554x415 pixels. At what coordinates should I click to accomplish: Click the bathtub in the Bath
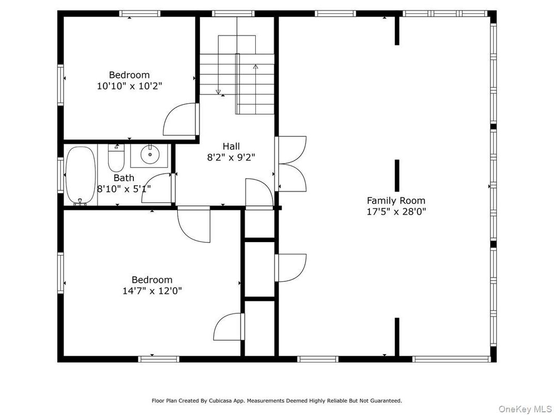click(x=81, y=175)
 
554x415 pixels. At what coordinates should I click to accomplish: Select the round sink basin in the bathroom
click(x=150, y=154)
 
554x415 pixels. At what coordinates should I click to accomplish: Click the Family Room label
click(x=396, y=200)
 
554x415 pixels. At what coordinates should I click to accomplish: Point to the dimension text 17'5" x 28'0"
click(x=396, y=211)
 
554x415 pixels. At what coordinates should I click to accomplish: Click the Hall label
click(x=231, y=146)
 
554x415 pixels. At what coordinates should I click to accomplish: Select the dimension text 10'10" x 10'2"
click(x=129, y=86)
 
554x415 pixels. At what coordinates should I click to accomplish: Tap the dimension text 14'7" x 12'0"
click(x=151, y=291)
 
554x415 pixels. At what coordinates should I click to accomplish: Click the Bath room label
click(x=124, y=178)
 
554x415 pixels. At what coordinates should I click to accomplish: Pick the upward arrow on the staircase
click(x=255, y=67)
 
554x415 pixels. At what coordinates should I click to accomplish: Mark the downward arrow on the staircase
click(x=218, y=91)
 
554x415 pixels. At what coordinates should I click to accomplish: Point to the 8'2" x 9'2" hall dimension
click(x=231, y=157)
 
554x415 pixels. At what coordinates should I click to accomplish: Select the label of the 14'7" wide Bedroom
click(x=151, y=280)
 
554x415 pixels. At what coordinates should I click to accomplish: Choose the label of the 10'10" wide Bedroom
click(x=129, y=75)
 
